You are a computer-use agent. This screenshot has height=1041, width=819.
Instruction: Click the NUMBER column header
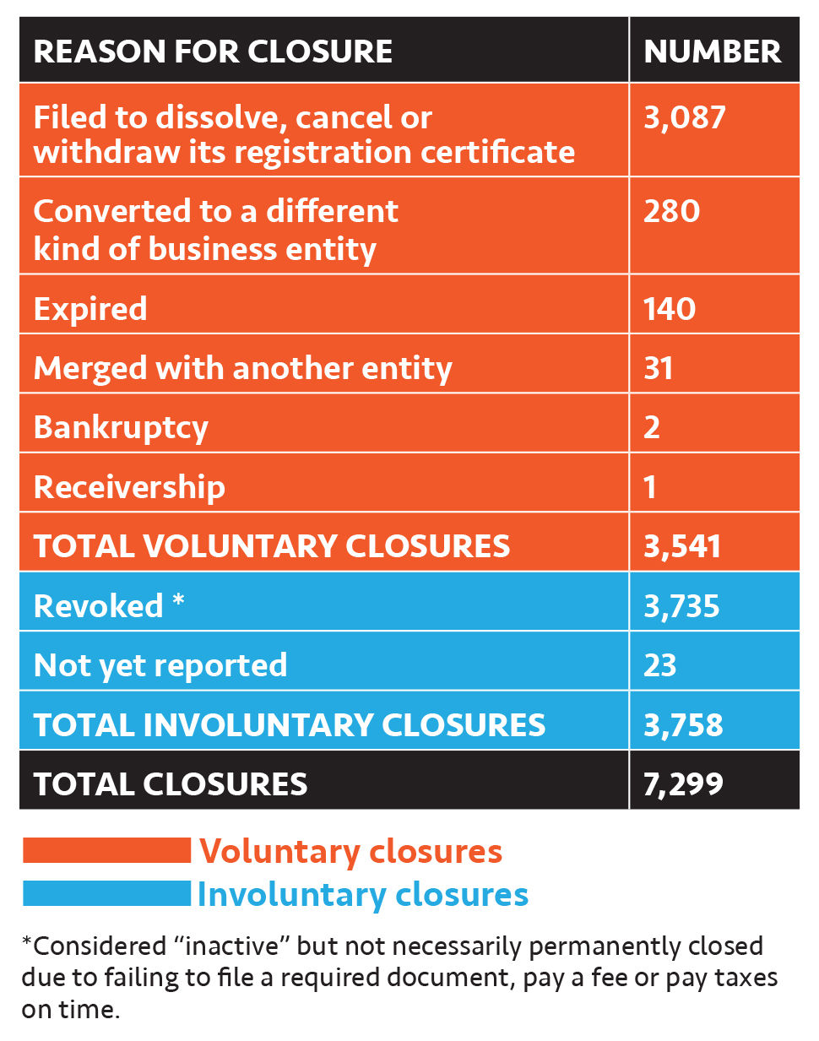coord(712,52)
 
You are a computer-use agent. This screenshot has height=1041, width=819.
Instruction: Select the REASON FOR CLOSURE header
coord(213,52)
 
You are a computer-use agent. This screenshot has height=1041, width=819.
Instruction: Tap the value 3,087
coord(684,117)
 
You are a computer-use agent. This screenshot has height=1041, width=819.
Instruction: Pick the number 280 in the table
coord(671,211)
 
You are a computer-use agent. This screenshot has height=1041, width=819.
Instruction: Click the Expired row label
coord(90,309)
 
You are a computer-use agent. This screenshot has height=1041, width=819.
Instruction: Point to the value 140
coord(670,309)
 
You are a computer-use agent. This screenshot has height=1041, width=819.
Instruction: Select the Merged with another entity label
coord(242,369)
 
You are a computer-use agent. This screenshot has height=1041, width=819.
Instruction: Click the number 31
coord(659,369)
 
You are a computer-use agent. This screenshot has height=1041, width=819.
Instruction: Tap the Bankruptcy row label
coord(121,428)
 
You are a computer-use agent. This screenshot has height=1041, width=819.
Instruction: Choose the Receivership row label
coord(129,487)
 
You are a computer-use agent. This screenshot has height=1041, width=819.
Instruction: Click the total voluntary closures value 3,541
coord(682,546)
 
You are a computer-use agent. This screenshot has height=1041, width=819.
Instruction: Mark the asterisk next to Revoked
coord(178,600)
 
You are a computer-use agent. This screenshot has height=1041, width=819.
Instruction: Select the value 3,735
coord(681,606)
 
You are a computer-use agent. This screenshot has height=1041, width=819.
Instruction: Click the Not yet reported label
coord(160,666)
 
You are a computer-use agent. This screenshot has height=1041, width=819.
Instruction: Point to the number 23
coord(660,666)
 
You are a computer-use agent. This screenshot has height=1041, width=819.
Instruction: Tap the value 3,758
coord(683,725)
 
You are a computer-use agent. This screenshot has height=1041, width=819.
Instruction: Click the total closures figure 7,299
coord(683,784)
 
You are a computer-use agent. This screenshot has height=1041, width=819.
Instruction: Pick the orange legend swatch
coord(106,850)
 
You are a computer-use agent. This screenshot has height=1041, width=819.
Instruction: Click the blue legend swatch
coord(106,893)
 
